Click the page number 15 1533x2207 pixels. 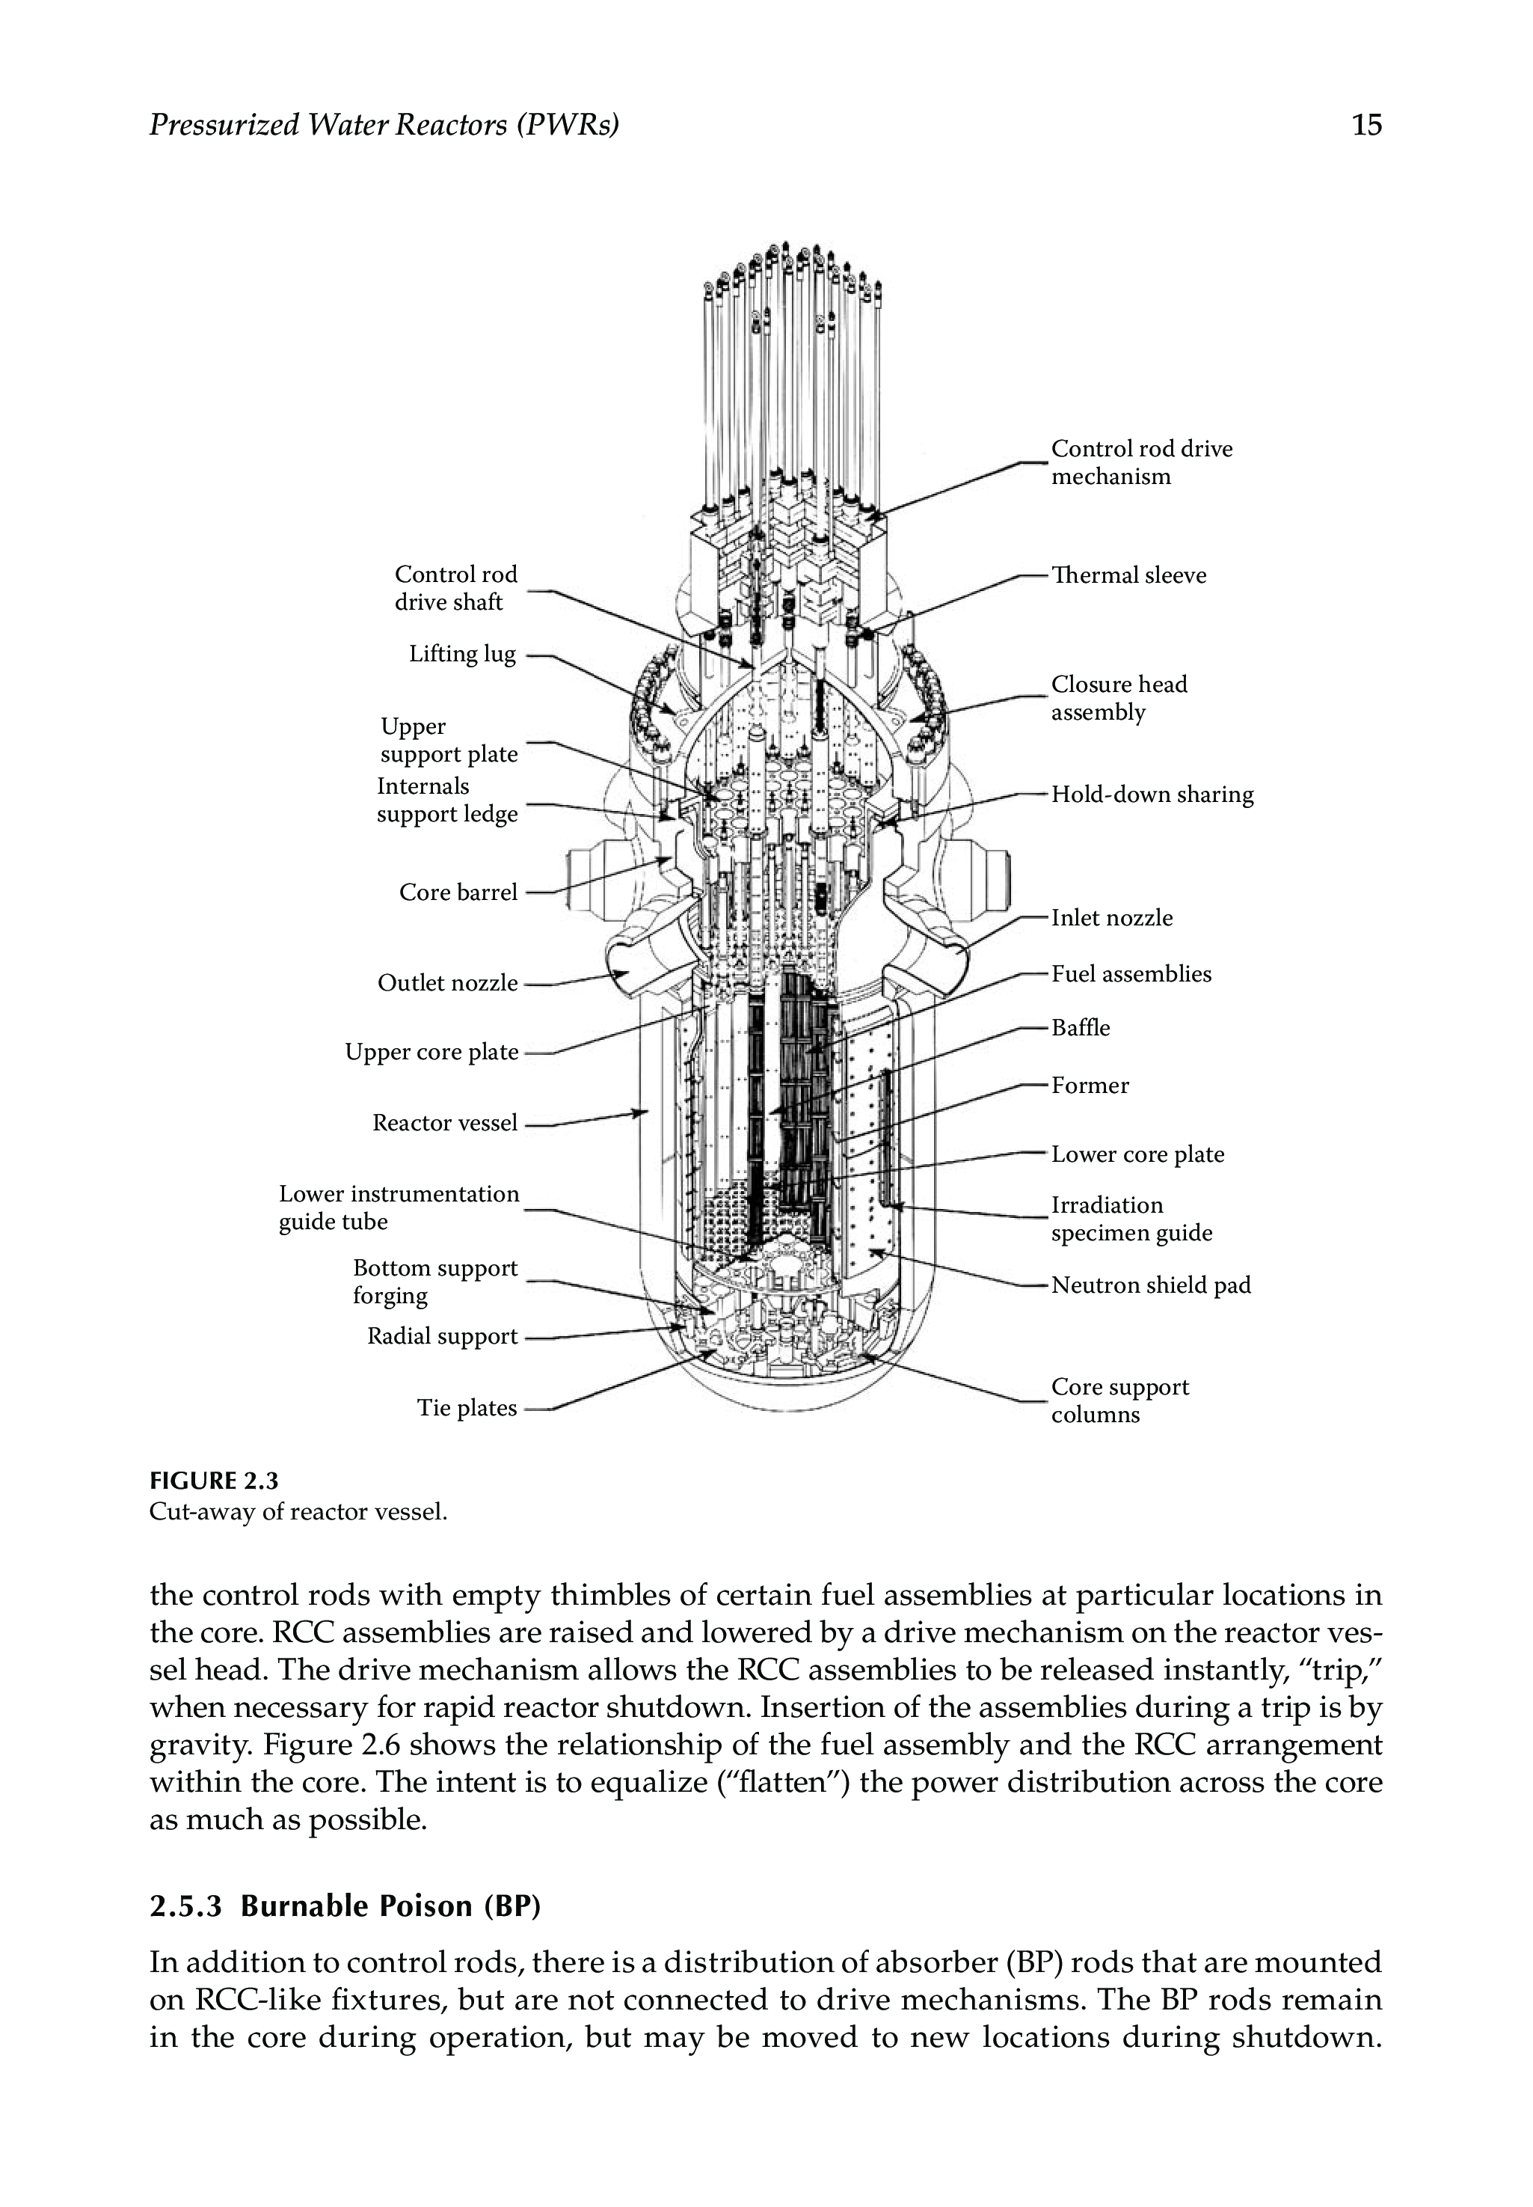pyautogui.click(x=1366, y=125)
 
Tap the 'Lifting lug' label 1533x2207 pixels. pyautogui.click(x=462, y=655)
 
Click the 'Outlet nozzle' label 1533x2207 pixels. pyautogui.click(x=448, y=983)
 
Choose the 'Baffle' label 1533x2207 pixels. pyautogui.click(x=1081, y=1028)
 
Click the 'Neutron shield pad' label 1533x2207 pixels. pyautogui.click(x=1151, y=1285)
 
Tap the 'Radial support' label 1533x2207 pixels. pyautogui.click(x=442, y=1336)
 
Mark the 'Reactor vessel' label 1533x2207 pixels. pyautogui.click(x=445, y=1123)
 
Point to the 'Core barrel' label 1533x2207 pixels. pyautogui.click(x=458, y=893)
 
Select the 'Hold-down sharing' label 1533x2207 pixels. pyautogui.click(x=1152, y=795)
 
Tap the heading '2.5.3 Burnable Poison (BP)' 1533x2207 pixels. pyautogui.click(x=345, y=1906)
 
